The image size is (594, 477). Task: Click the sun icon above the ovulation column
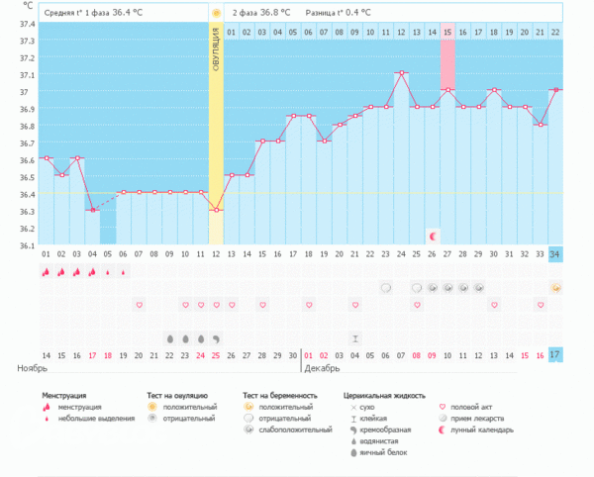[216, 13]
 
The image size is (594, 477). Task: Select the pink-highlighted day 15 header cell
[447, 32]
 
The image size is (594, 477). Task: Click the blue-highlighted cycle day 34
[556, 253]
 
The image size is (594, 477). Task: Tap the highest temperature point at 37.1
[401, 72]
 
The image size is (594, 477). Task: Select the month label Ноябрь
[34, 368]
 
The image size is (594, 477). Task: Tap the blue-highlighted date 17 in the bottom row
[556, 354]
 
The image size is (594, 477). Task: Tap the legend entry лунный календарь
[482, 429]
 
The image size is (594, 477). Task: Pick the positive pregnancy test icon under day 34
[556, 288]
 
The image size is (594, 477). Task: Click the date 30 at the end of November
[292, 354]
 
